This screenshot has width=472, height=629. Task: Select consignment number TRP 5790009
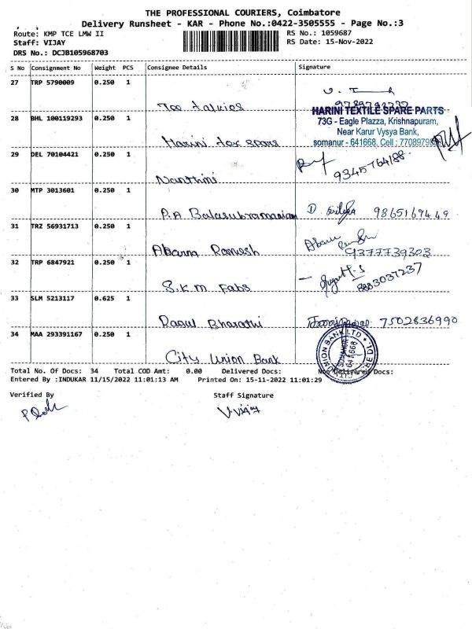tap(53, 81)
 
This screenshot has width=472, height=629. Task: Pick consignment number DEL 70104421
tap(54, 155)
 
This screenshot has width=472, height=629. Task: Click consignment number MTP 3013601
tap(53, 190)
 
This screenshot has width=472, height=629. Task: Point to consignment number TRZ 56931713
tap(56, 226)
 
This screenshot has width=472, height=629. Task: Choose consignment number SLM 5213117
tap(53, 299)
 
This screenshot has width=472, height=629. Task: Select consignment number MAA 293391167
tap(57, 335)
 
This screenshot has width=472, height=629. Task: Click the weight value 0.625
tap(104, 299)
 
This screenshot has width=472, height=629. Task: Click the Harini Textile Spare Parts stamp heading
tap(377, 111)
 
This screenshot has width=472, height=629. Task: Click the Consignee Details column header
tap(176, 68)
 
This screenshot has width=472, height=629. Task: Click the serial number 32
tap(15, 263)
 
